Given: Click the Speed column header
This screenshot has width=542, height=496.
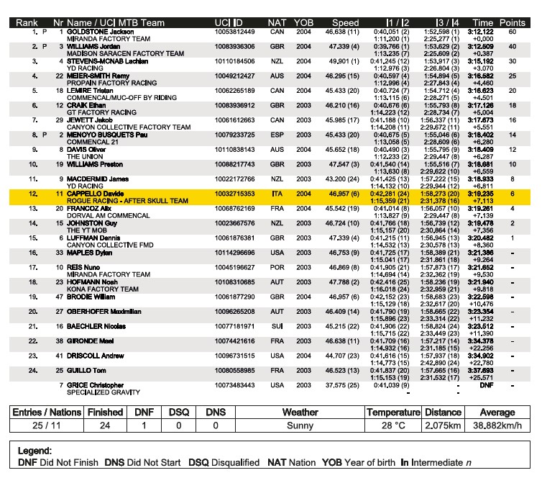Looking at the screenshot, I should click(346, 23).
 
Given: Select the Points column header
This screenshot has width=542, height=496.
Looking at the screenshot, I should click(512, 23).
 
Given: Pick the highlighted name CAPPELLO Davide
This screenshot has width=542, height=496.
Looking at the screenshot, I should click(93, 194).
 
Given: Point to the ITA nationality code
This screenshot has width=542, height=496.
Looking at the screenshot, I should click(277, 194).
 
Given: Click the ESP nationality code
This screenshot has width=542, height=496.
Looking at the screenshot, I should click(277, 135).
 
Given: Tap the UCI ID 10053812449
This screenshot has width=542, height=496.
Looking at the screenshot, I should click(234, 32).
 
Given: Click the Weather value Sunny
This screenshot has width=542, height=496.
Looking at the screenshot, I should click(300, 425).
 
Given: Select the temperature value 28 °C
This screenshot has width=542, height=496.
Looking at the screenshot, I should click(392, 425).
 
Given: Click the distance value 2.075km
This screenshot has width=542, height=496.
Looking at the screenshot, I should click(443, 425).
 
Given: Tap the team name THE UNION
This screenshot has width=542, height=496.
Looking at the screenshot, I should click(85, 156).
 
